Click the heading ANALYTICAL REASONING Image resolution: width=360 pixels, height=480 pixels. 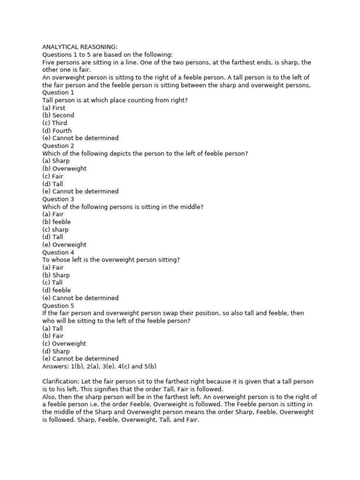(x=80, y=47)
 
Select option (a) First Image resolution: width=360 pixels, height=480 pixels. (x=54, y=108)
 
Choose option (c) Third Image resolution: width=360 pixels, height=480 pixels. (x=55, y=123)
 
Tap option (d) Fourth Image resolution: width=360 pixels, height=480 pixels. (x=57, y=131)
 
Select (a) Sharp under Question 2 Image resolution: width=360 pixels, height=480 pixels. (x=56, y=161)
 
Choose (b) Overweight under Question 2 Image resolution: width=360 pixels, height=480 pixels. (x=64, y=169)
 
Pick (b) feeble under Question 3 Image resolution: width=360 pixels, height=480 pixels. (x=57, y=222)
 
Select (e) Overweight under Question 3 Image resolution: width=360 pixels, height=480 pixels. (x=64, y=245)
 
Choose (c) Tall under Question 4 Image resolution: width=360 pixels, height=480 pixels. (x=52, y=283)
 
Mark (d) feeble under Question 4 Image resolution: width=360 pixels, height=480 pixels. (x=57, y=290)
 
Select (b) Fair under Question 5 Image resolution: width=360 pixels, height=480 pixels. (x=53, y=336)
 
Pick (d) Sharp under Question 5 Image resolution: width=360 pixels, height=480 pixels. (x=56, y=351)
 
